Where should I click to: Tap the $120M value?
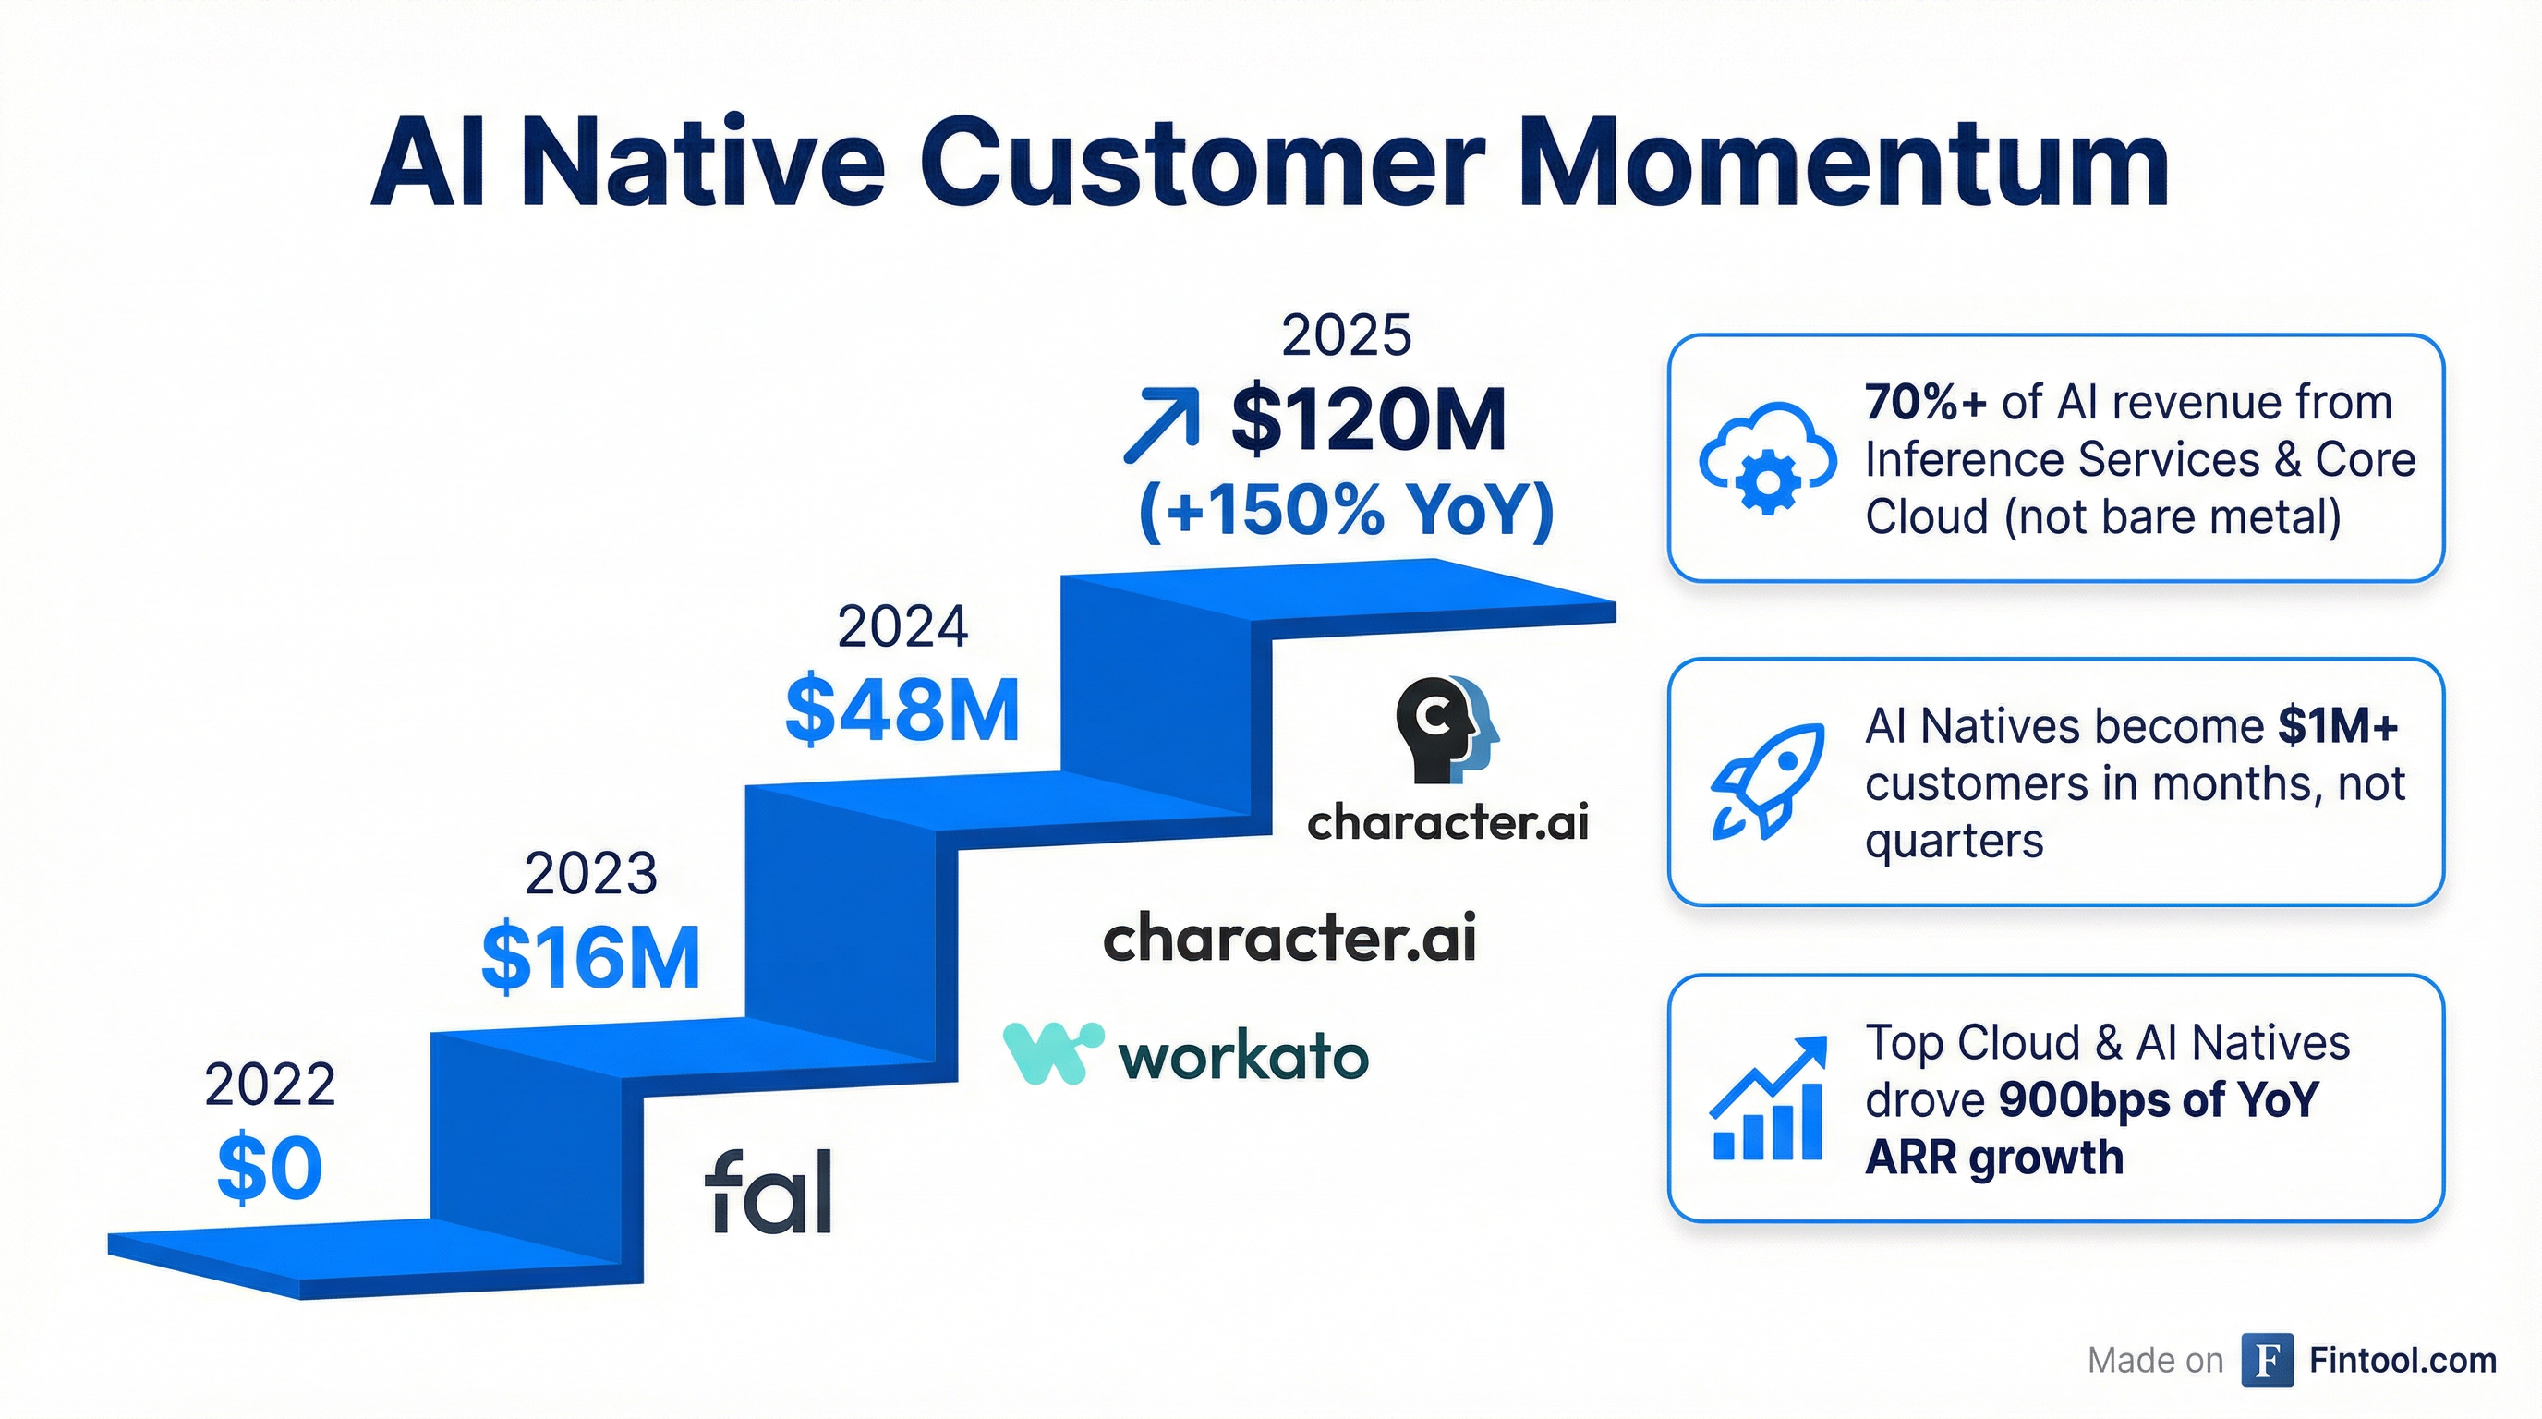click(1369, 419)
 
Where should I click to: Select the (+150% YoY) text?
click(1346, 510)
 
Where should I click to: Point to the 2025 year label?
click(1346, 335)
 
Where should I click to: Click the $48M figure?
click(902, 710)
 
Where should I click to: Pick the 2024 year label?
click(902, 626)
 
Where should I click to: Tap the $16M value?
click(590, 957)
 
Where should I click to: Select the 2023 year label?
click(590, 873)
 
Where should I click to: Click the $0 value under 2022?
click(270, 1169)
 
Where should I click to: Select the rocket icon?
click(1766, 782)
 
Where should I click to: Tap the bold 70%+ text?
click(1925, 403)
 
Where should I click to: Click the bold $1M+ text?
click(2337, 726)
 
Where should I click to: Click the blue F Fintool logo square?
click(2267, 1360)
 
